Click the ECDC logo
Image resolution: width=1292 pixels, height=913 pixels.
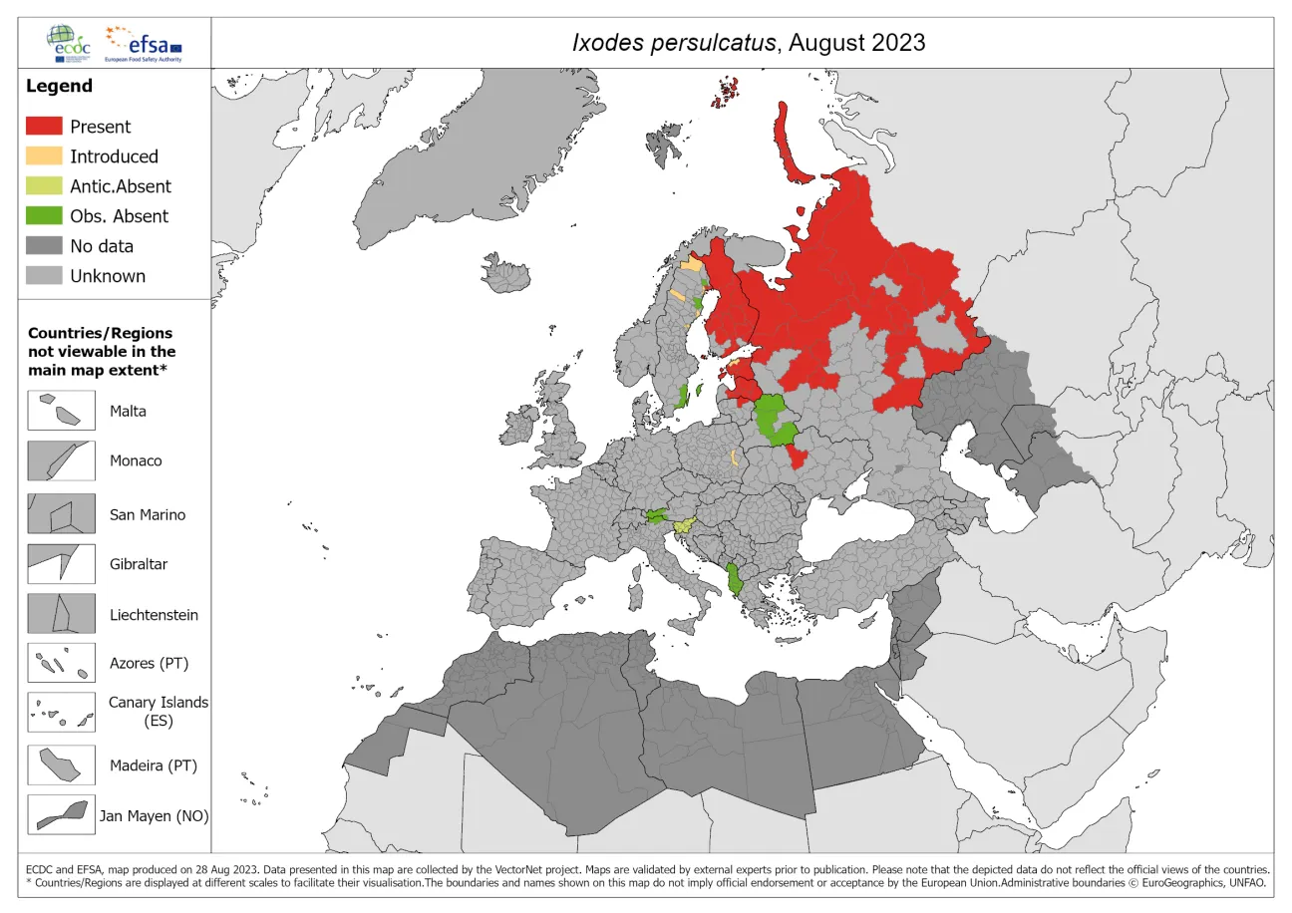pos(71,41)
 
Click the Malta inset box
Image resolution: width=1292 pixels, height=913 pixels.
pos(61,411)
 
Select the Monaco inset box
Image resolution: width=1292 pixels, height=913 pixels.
pos(61,461)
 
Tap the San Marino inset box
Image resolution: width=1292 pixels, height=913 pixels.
pos(61,514)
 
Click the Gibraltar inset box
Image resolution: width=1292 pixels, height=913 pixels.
pos(61,564)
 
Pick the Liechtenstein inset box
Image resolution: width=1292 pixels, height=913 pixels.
pos(61,614)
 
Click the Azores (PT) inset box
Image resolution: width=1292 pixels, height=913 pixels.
pos(61,663)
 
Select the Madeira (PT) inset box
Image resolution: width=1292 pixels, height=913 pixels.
pos(61,765)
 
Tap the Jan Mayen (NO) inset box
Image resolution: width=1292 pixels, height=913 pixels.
pos(61,815)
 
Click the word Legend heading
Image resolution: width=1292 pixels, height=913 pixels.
pos(59,86)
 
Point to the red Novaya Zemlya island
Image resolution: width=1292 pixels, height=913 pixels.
pos(789,145)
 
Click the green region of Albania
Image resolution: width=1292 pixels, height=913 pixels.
pos(736,578)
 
